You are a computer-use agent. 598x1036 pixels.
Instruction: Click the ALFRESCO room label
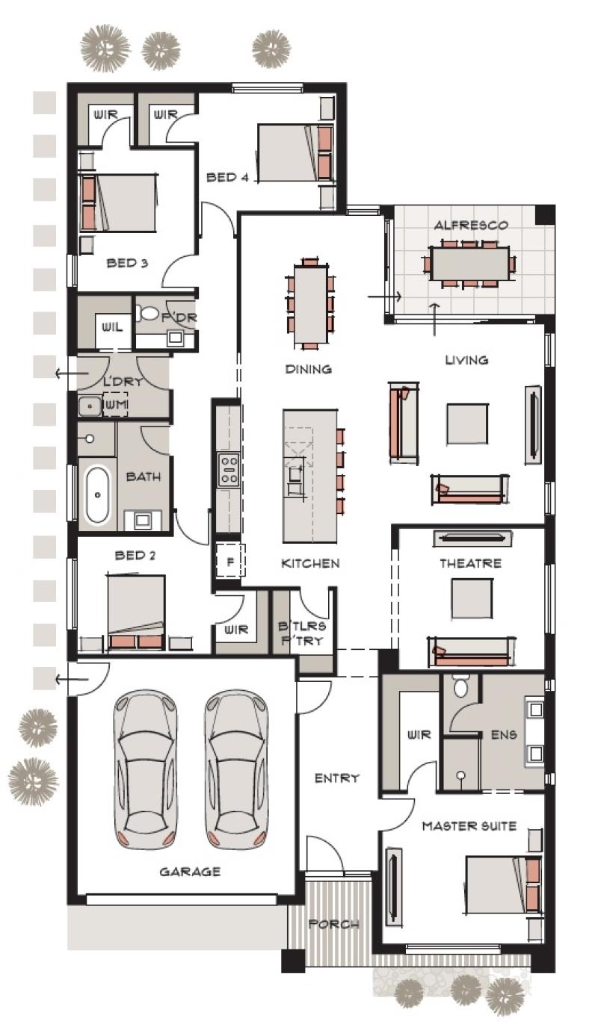coord(470,226)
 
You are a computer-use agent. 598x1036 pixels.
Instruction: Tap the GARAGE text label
coord(190,872)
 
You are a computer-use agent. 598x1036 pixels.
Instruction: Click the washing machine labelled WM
coord(116,405)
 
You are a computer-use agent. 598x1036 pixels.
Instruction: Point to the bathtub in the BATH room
coord(98,495)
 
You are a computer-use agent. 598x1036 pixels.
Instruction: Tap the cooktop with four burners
coord(228,469)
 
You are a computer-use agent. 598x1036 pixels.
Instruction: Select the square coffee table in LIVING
coord(467,424)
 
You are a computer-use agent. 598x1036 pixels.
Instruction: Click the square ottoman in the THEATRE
coord(472,598)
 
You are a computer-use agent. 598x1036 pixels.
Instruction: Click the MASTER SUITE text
coord(469,826)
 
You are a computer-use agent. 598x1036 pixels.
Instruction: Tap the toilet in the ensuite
coord(460,686)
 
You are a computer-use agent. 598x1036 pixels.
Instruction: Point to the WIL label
coord(112,327)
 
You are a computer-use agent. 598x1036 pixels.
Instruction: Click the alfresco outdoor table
coord(469,264)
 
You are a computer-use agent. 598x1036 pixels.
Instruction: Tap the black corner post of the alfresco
coord(545,214)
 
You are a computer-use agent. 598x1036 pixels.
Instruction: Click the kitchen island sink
coord(295,473)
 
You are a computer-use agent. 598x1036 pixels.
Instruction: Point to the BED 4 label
coord(227,177)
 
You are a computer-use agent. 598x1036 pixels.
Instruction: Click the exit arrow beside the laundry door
coord(66,373)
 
